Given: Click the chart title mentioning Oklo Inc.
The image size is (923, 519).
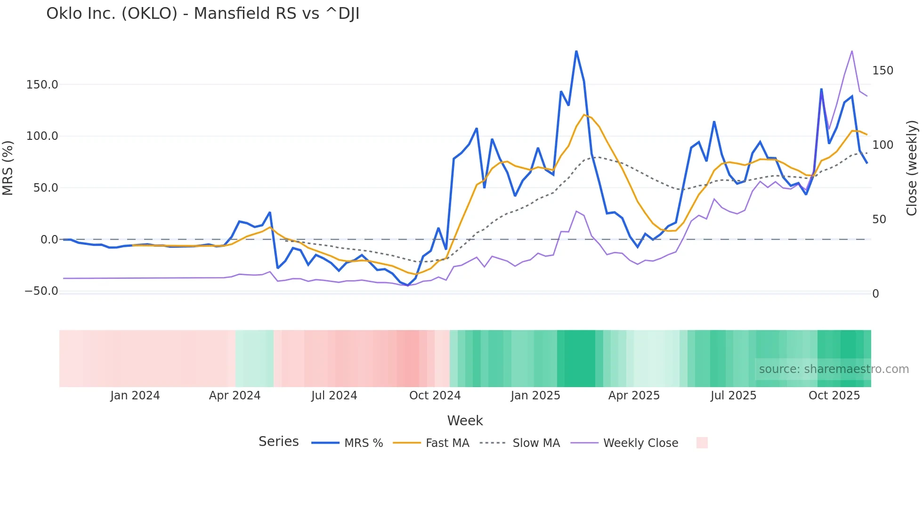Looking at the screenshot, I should [202, 14].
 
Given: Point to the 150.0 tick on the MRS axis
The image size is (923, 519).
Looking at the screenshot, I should [42, 85].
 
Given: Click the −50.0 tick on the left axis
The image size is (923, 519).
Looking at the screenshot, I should [41, 291].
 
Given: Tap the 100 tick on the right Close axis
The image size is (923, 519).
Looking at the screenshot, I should [883, 145].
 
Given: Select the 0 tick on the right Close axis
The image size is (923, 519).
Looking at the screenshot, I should [875, 294].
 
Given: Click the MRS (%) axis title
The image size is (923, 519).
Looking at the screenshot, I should [8, 168].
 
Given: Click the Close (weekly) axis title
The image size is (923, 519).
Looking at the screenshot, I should [912, 168].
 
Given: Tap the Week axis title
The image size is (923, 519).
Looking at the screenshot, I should [465, 421].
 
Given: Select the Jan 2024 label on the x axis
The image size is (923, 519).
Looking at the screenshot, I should [135, 396].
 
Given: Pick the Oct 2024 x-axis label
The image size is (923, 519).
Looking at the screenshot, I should [435, 396].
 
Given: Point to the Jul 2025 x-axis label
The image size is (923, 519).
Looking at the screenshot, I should [733, 396].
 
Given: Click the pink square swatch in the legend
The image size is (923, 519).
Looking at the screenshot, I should [702, 443].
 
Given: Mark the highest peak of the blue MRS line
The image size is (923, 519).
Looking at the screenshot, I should [576, 51].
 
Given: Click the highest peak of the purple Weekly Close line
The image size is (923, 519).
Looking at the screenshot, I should [852, 51].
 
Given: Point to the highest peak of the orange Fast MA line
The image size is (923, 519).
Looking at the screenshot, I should [584, 115].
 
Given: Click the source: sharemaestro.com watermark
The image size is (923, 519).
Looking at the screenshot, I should [834, 369].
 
